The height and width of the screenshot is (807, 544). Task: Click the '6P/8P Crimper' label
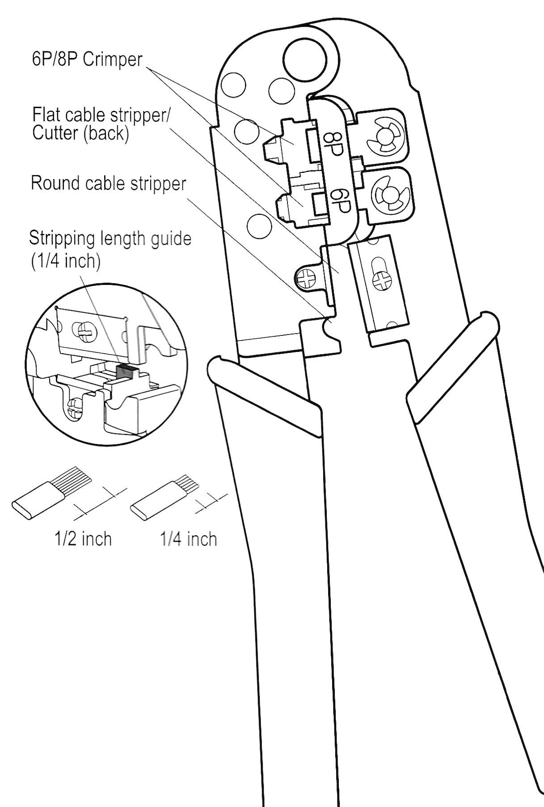(87, 59)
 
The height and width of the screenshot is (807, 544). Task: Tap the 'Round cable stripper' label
(108, 184)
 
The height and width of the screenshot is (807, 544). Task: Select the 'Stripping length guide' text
(110, 238)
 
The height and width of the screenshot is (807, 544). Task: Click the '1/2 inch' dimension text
(83, 539)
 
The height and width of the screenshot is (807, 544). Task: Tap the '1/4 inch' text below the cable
(189, 539)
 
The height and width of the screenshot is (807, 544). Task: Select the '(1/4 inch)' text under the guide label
(65, 261)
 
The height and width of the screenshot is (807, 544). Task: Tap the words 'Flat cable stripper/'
(101, 115)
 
